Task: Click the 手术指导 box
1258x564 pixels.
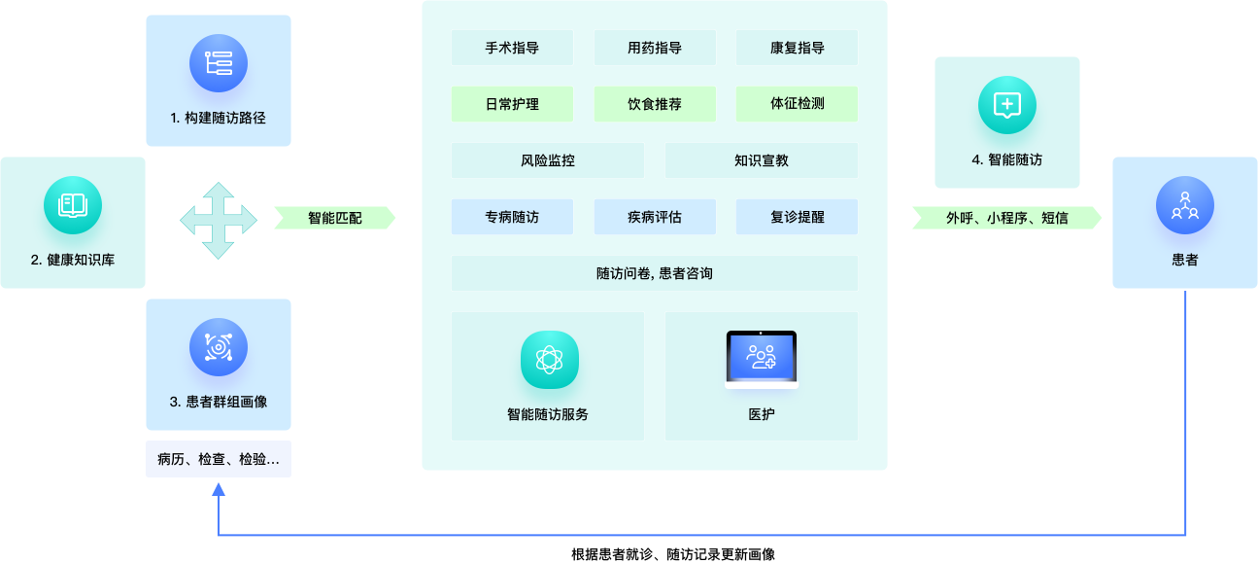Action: pyautogui.click(x=512, y=48)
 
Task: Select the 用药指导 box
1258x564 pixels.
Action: pyautogui.click(x=655, y=48)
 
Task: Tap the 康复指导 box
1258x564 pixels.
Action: pyautogui.click(x=797, y=48)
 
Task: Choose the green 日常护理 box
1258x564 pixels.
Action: pyautogui.click(x=512, y=104)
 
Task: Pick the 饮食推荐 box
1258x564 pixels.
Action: pyautogui.click(x=655, y=104)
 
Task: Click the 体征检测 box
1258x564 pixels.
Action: pyautogui.click(x=797, y=104)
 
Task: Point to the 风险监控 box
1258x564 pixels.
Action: pyautogui.click(x=548, y=160)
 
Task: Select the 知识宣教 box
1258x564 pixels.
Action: pyautogui.click(x=761, y=160)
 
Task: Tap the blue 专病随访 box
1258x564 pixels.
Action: pyautogui.click(x=512, y=217)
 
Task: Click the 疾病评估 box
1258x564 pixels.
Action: pyautogui.click(x=655, y=217)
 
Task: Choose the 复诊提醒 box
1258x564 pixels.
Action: pyautogui.click(x=797, y=217)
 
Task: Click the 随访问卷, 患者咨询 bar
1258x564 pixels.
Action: pyautogui.click(x=655, y=273)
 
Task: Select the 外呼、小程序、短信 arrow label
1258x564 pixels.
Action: pyautogui.click(x=1006, y=218)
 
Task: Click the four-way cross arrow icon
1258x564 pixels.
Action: pyautogui.click(x=219, y=220)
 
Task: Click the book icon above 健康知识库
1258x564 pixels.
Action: pyautogui.click(x=73, y=204)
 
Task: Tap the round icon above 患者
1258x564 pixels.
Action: pyautogui.click(x=1184, y=205)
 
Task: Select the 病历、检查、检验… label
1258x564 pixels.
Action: pyautogui.click(x=219, y=459)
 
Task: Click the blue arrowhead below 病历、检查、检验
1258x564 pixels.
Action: pyautogui.click(x=219, y=489)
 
